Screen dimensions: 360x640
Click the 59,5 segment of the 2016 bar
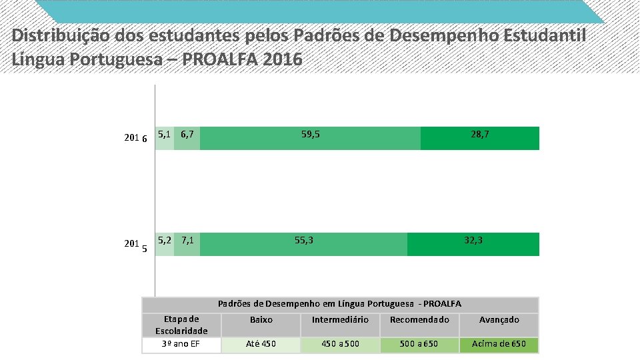point(310,138)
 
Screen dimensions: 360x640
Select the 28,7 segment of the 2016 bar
point(479,138)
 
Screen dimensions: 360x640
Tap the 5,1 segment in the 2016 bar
point(164,138)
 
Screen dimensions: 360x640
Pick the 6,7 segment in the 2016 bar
point(187,138)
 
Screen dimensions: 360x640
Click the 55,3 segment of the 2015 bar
point(303,244)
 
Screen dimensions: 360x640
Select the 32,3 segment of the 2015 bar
point(473,244)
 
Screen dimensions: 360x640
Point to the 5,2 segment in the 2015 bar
point(164,244)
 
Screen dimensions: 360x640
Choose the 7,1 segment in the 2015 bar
point(187,244)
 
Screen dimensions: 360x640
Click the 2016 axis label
point(136,139)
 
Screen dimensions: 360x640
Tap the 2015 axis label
point(136,245)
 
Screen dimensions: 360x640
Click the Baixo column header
point(261,320)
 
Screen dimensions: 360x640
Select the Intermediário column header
point(340,320)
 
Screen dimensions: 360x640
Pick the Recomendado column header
point(419,320)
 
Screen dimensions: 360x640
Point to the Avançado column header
point(499,320)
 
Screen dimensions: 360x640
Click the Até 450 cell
point(261,345)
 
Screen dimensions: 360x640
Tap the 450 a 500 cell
point(340,345)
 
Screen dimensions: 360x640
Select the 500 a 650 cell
point(419,345)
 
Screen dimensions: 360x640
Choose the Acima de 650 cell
point(499,345)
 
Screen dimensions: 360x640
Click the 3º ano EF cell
point(181,345)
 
